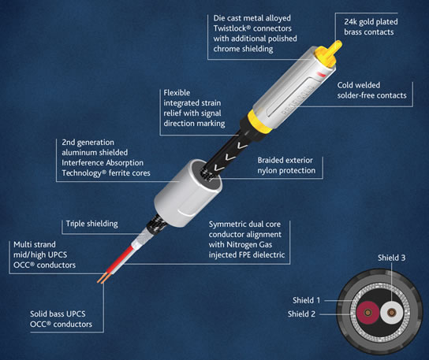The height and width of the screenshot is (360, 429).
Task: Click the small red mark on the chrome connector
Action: tap(320, 75)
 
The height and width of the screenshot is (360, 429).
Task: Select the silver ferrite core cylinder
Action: tap(188, 192)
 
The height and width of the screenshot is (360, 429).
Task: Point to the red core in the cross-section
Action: tap(367, 312)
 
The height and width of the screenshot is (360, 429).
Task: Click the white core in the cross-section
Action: tap(392, 312)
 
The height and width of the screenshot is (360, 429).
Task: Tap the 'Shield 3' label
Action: tap(391, 258)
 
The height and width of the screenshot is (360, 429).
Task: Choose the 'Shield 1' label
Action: tap(306, 300)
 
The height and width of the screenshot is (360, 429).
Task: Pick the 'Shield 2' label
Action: tap(301, 314)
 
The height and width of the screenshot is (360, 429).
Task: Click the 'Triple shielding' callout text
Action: tap(92, 224)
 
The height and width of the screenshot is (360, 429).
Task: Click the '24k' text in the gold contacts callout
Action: tap(351, 21)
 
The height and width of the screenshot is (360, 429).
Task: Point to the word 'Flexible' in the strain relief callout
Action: tap(177, 93)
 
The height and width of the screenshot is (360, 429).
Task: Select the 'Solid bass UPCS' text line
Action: tap(58, 314)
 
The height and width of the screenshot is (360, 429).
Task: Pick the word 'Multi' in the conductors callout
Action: tap(22, 244)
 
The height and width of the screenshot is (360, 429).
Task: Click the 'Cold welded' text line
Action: tap(358, 85)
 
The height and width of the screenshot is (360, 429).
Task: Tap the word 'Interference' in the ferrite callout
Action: tap(83, 163)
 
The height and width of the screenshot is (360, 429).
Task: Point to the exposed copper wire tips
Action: tap(103, 278)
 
